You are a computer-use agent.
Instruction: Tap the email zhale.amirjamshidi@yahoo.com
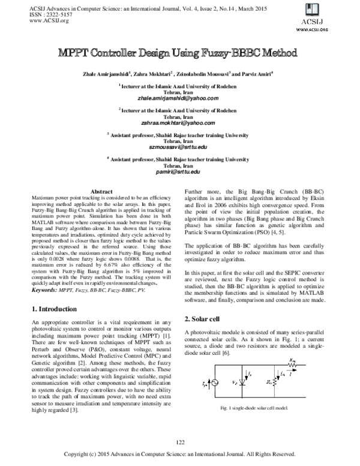pyautogui.click(x=180, y=98)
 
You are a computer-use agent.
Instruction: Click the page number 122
pyautogui.click(x=179, y=443)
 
